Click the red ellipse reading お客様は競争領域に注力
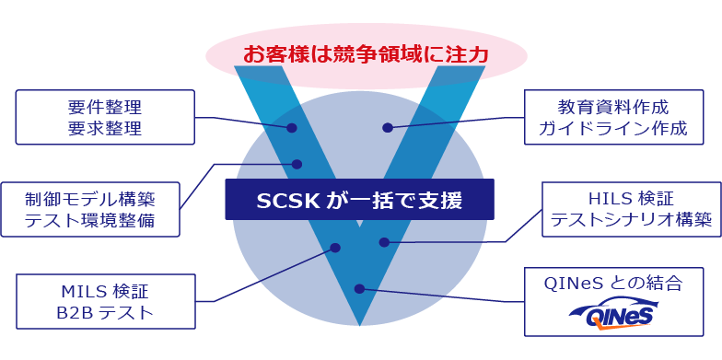(366, 54)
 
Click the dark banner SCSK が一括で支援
(359, 200)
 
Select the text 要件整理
(105, 106)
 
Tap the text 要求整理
(105, 128)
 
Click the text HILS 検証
(630, 198)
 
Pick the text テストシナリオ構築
(630, 220)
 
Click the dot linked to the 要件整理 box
(291, 128)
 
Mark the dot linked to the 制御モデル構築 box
(297, 164)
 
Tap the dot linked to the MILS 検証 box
(335, 248)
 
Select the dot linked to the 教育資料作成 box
(388, 128)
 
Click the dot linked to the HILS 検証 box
(384, 242)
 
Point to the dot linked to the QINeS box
(360, 288)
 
